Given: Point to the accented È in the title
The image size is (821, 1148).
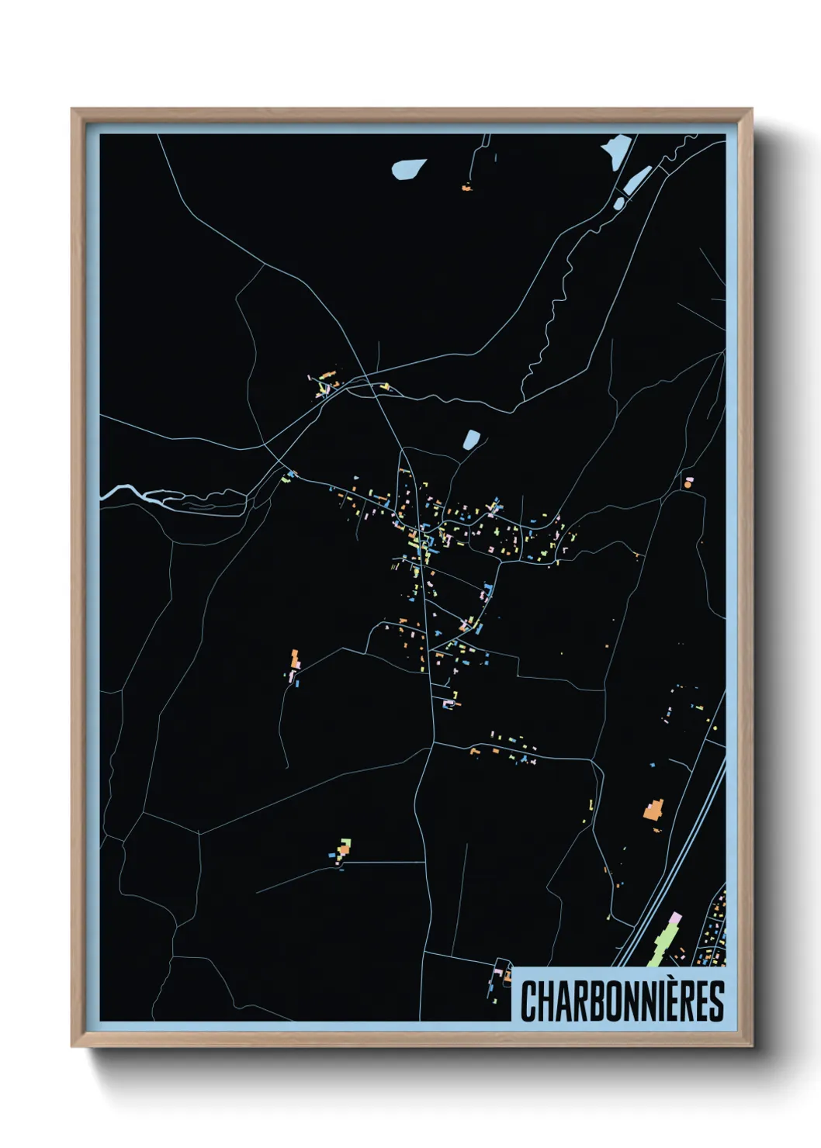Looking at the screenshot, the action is tap(659, 1000).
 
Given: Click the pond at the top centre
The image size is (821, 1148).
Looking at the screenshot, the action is tap(408, 168).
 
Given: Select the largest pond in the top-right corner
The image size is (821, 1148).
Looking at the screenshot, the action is tap(616, 150).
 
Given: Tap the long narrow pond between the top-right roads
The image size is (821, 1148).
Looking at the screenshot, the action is tap(636, 180).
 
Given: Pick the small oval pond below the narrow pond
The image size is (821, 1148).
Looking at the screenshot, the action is tap(619, 204).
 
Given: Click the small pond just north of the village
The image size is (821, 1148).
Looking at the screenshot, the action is tap(471, 440).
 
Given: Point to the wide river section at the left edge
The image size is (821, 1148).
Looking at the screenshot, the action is tap(124, 491).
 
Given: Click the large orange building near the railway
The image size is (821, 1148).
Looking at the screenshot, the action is tap(654, 811).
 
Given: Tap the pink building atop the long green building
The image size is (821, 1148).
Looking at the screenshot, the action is tap(675, 918).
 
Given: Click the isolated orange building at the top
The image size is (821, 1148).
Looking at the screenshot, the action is tap(466, 187).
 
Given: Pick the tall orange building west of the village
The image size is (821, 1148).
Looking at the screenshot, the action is tap(295, 660).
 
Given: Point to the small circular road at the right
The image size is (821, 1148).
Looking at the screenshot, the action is tap(688, 482).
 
